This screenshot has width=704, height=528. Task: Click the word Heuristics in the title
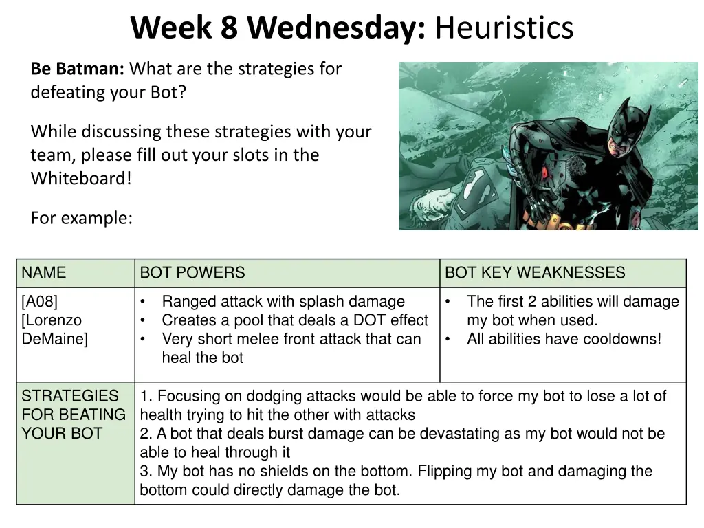504,28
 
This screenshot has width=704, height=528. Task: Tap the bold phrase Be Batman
77,69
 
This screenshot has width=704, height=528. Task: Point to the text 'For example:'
81,218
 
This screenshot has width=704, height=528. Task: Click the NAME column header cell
44,273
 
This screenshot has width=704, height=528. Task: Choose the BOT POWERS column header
192,273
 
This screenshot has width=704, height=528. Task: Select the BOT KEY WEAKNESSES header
535,273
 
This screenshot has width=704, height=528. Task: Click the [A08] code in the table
40,302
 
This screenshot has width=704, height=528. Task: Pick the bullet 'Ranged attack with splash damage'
283,302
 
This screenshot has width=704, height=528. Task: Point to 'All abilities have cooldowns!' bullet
564,339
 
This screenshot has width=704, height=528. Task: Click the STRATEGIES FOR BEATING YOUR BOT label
73,415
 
